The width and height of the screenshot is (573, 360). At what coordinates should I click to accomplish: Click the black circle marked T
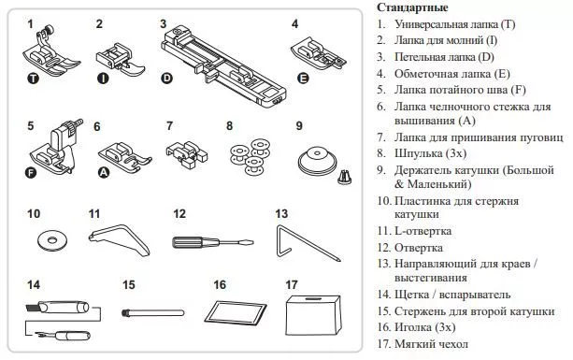[x=34, y=79]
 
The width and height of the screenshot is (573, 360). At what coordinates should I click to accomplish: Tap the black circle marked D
[x=166, y=79]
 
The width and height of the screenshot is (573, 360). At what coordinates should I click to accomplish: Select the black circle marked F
[x=31, y=172]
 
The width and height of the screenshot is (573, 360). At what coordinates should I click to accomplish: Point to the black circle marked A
[x=104, y=172]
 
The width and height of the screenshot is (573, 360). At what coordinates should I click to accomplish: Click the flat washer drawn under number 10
[x=52, y=241]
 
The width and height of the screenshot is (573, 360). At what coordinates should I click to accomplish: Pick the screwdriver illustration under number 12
[x=213, y=242]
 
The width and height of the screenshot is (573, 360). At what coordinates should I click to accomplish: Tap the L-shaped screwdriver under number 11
[x=121, y=238]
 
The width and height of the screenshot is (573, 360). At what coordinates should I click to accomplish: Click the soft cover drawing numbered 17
[x=314, y=314]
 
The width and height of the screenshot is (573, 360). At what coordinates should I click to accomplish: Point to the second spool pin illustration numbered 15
[x=152, y=313]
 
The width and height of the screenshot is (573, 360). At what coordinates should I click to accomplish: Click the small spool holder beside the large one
[x=345, y=177]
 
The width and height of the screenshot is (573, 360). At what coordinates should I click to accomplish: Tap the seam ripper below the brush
[x=63, y=335]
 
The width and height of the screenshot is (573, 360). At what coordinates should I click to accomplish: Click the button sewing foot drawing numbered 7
[x=187, y=154]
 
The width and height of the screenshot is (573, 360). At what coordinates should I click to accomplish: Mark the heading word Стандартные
[x=412, y=7]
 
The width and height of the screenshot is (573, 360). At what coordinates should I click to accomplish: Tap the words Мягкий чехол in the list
[x=431, y=344]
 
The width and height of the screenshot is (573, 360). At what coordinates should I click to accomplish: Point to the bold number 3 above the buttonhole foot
[x=163, y=24]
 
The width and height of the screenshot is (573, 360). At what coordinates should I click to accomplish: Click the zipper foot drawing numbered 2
[x=121, y=59]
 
